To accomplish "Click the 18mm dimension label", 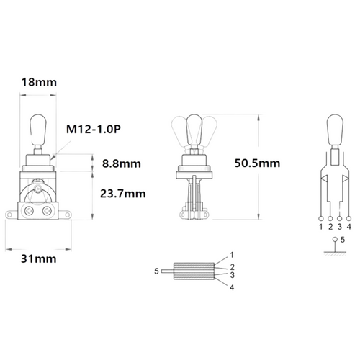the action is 39,82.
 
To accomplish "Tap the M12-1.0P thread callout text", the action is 94,130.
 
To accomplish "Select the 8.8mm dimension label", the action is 122,163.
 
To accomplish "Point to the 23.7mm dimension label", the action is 123,194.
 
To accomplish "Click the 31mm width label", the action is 39,259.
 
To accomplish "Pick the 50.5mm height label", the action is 257,163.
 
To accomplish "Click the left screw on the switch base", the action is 29,211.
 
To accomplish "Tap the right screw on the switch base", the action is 47,211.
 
